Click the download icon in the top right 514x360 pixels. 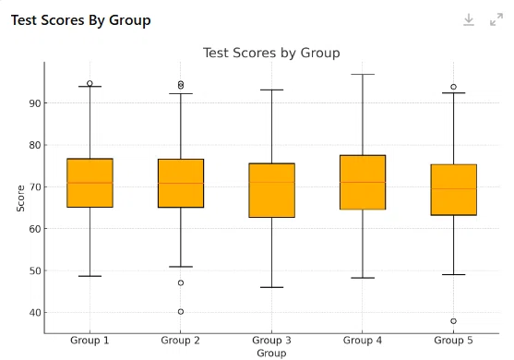[x=469, y=19]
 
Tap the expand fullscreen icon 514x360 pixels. [x=496, y=19]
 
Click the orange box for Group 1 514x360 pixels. [x=90, y=183]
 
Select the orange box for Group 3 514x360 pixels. [x=271, y=190]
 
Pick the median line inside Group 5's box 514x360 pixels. [x=454, y=189]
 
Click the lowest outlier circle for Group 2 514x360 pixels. [x=181, y=312]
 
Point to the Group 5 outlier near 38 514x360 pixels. [x=453, y=321]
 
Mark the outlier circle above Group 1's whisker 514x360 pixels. [x=90, y=83]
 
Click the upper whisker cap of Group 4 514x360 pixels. [x=363, y=75]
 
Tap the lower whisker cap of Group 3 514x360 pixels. [x=271, y=288]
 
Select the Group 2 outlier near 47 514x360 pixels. [x=181, y=283]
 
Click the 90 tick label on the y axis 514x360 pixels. [x=35, y=103]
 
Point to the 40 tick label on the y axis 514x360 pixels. [x=35, y=313]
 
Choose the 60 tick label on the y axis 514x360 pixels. [x=35, y=229]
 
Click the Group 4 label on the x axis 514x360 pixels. [x=363, y=341]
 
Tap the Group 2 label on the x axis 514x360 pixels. [x=180, y=341]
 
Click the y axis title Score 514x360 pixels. [x=20, y=198]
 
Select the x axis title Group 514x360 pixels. [x=271, y=354]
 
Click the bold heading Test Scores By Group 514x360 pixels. [x=81, y=20]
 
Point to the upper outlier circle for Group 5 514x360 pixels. [x=453, y=87]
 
